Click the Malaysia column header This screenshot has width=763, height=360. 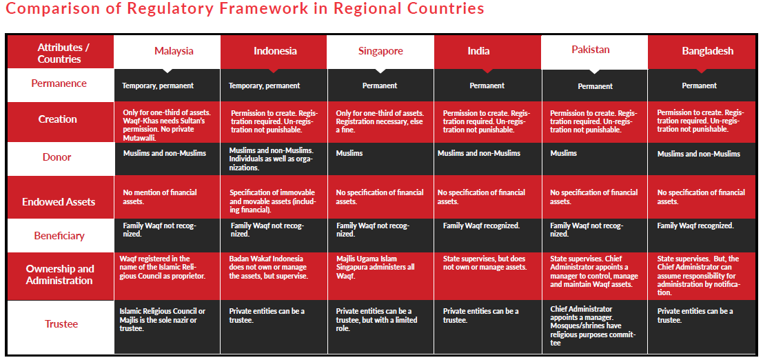(x=174, y=51)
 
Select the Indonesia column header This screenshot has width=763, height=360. (x=275, y=51)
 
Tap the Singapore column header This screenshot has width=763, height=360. (x=380, y=51)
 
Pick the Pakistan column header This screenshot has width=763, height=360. (x=591, y=50)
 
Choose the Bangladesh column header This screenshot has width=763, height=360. (x=707, y=51)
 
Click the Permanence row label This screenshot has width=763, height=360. (x=59, y=83)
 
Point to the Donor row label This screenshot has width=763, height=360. (x=57, y=157)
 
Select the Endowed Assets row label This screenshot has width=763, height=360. (x=59, y=202)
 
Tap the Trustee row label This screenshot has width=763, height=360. (x=61, y=323)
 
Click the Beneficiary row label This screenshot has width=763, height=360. (x=59, y=236)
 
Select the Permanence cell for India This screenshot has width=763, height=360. (x=487, y=86)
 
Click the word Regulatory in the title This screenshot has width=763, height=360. (x=145, y=10)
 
